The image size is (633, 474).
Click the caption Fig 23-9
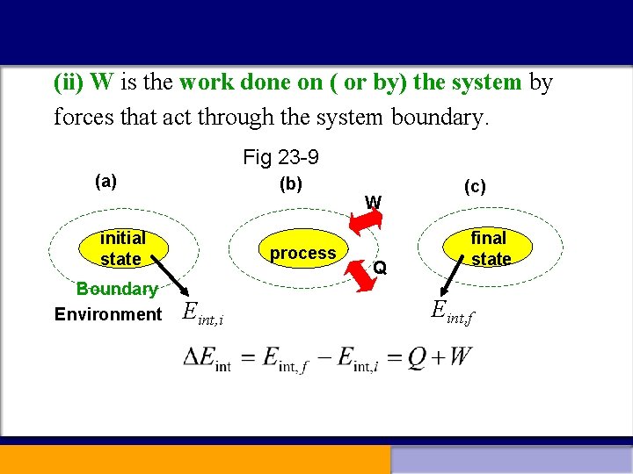pos(280,158)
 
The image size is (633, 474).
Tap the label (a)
pos(105,182)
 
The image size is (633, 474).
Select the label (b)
pos(290,183)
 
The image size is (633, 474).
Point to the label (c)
pos(475,186)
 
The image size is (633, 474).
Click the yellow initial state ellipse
pos(122,248)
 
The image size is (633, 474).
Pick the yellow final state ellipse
pos(489,248)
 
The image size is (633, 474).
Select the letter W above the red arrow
pos(374,202)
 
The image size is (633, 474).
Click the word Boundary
pos(117,289)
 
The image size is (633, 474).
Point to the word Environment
pos(108,314)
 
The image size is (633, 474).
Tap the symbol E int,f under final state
pos(452,310)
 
